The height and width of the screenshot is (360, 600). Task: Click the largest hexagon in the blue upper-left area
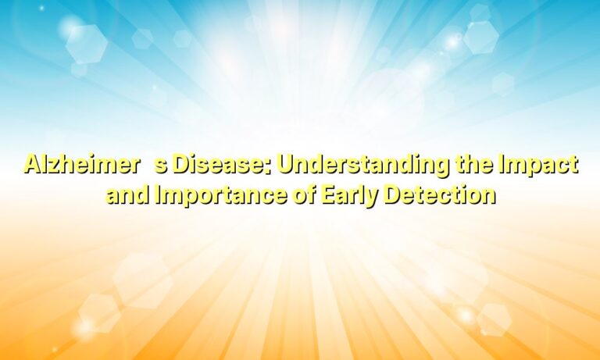[x=86, y=44]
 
